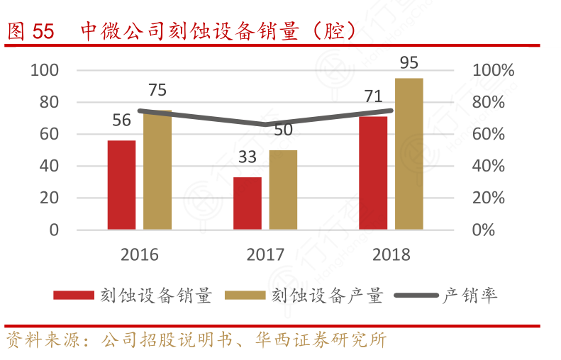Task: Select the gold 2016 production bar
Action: click(x=157, y=170)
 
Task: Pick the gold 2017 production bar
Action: click(x=283, y=189)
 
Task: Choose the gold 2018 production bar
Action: click(x=409, y=154)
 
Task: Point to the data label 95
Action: click(x=409, y=63)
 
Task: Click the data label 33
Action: click(x=247, y=157)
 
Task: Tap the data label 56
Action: click(x=121, y=120)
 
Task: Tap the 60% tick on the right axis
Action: click(x=489, y=135)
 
